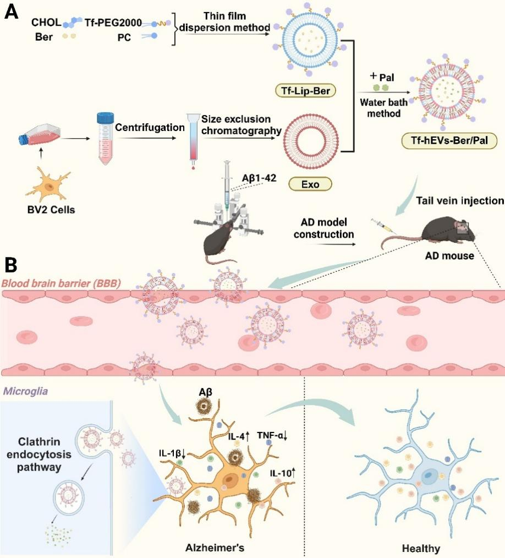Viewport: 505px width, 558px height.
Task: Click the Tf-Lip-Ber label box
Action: click(306, 90)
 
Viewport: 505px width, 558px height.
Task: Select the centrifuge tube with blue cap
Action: click(105, 138)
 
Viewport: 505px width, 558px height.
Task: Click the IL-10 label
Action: click(283, 472)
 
